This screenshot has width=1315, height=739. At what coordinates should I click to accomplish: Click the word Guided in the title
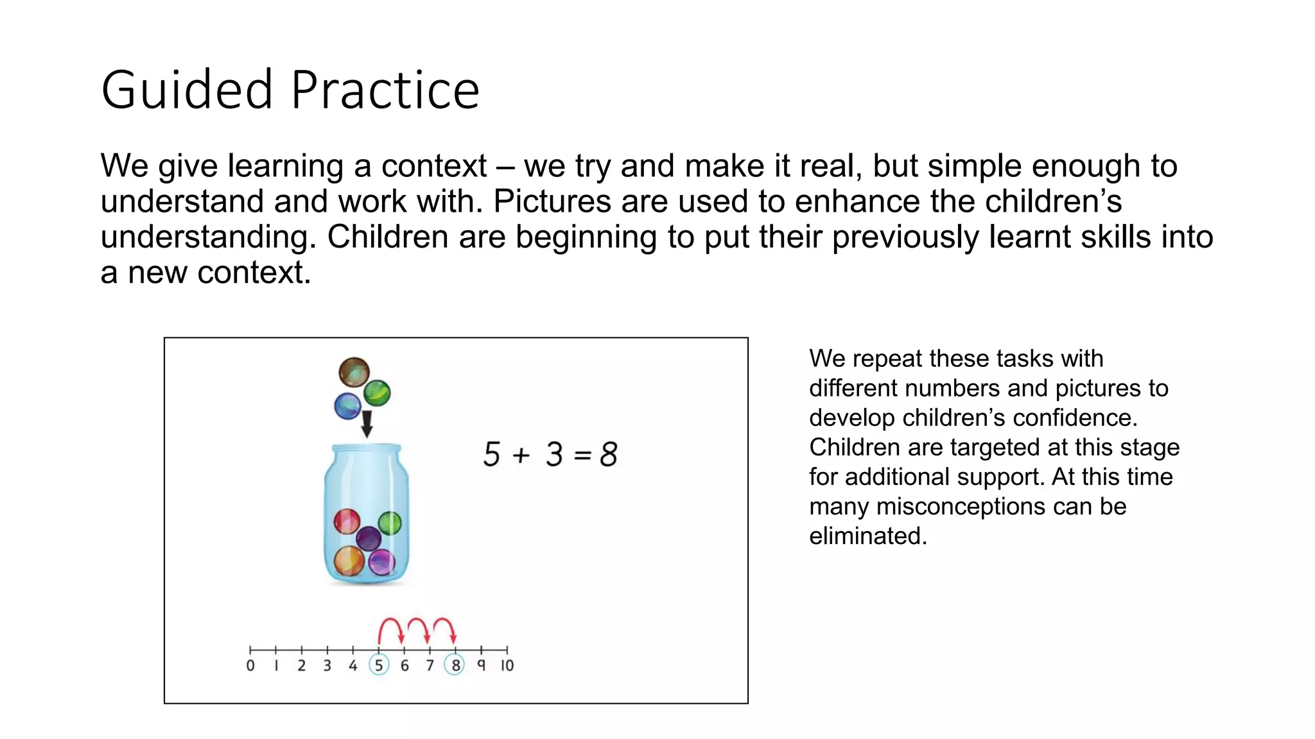(x=187, y=90)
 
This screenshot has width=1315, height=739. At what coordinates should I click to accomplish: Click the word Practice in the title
(x=385, y=90)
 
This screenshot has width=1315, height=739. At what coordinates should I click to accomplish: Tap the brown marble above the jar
(x=354, y=372)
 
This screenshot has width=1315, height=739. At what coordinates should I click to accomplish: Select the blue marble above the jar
(x=347, y=406)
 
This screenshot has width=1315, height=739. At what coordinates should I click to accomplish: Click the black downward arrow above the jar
(x=367, y=423)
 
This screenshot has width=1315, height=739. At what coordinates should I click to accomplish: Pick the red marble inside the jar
(x=347, y=521)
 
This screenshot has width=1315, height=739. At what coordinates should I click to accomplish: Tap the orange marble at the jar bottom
(x=349, y=561)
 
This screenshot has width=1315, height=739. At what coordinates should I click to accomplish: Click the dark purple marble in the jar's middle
(x=369, y=538)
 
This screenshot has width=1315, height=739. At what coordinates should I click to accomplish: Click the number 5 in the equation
(x=492, y=454)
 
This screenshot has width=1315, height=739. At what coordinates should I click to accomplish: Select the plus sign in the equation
(x=521, y=455)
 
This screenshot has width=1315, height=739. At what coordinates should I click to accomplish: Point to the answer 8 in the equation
(x=608, y=454)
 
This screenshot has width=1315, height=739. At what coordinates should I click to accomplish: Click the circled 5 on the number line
(x=379, y=665)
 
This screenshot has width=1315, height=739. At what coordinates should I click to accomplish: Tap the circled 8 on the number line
(x=455, y=665)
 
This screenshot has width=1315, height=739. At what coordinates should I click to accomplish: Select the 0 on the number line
(x=250, y=666)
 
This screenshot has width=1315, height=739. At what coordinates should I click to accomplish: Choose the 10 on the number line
(x=507, y=666)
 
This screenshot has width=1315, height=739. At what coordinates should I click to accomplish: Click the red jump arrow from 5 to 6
(x=390, y=627)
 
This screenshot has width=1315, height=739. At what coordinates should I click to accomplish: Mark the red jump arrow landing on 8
(x=444, y=627)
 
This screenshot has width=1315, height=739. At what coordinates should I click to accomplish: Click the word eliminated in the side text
(x=867, y=536)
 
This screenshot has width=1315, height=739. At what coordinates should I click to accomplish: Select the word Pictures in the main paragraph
(x=552, y=201)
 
